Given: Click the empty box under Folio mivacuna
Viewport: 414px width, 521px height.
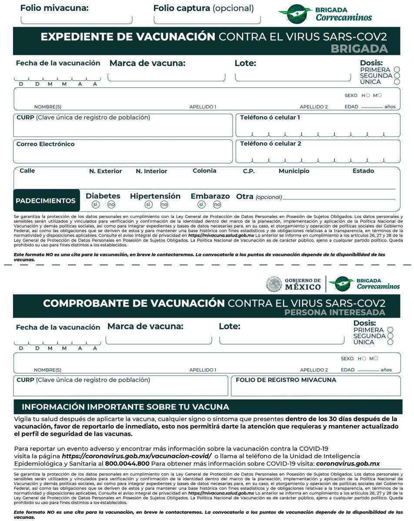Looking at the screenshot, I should click(77, 19).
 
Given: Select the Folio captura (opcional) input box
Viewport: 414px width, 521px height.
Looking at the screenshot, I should click(207, 19).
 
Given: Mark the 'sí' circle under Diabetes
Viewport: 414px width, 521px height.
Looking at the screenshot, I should click(96, 204).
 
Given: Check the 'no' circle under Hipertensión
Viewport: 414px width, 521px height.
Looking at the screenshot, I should click(164, 204).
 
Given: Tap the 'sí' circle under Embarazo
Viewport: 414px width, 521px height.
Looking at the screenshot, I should click(201, 204).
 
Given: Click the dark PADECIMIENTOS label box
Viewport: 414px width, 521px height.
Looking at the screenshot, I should click(46, 201).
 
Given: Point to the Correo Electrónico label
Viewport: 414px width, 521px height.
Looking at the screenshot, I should click(46, 144).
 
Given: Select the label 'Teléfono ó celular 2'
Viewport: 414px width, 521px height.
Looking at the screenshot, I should click(270, 144).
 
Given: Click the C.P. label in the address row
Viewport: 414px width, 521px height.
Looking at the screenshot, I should click(249, 171).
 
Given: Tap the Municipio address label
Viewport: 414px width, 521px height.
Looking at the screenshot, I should click(294, 171).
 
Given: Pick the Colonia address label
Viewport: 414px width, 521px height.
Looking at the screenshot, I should click(204, 171).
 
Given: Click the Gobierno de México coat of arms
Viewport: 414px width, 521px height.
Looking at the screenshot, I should click(274, 284).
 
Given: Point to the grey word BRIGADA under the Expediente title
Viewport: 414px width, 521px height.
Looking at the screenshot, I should click(359, 49).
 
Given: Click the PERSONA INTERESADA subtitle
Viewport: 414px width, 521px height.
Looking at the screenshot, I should click(335, 312).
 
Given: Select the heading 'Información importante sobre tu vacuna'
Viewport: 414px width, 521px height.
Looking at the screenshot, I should click(125, 407).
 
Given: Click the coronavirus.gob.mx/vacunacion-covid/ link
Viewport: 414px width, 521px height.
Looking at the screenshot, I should click(137, 456).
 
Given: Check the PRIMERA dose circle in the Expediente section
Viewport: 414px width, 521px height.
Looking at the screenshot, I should click(397, 69).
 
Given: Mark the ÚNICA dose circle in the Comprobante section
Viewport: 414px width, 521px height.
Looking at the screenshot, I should click(390, 342).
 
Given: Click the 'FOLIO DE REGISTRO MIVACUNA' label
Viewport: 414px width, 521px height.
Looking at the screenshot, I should click(286, 380).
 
